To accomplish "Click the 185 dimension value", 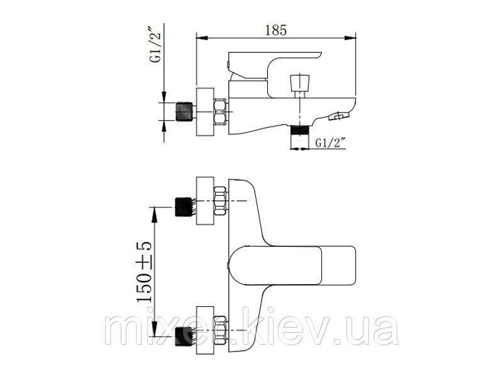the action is pyautogui.click(x=275, y=30).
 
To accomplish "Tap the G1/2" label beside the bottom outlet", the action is pyautogui.click(x=331, y=142).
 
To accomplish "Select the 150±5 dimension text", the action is pyautogui.click(x=144, y=272).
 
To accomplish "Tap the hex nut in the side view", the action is pyautogui.click(x=221, y=112).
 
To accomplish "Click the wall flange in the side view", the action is pyautogui.click(x=205, y=112).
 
